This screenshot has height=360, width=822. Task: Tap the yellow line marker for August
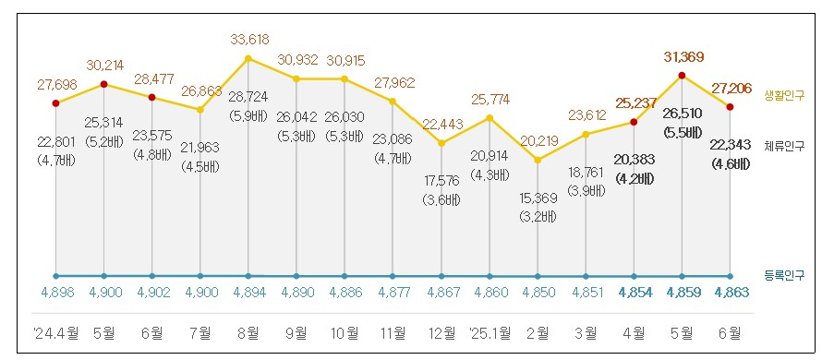pos(248,59)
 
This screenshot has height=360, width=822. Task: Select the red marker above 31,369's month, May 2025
pos(682,76)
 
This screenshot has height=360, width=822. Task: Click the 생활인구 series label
pos(784,96)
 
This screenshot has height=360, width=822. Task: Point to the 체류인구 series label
pos(784,145)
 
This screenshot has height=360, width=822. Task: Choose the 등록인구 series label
pos(784,275)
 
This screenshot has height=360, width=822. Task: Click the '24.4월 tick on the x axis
pos(55,331)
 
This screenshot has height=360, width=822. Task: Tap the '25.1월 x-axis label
pos(490,331)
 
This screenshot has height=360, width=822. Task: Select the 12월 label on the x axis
pos(441,331)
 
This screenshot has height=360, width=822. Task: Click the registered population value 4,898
pos(55,294)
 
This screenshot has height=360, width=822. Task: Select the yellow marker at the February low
pos(538,161)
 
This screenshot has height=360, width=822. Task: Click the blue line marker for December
pos(441,276)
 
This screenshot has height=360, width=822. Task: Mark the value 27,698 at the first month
pos(55,84)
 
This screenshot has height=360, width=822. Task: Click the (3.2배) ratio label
pos(538,218)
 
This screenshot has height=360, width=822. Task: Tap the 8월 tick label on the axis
pos(248,331)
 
